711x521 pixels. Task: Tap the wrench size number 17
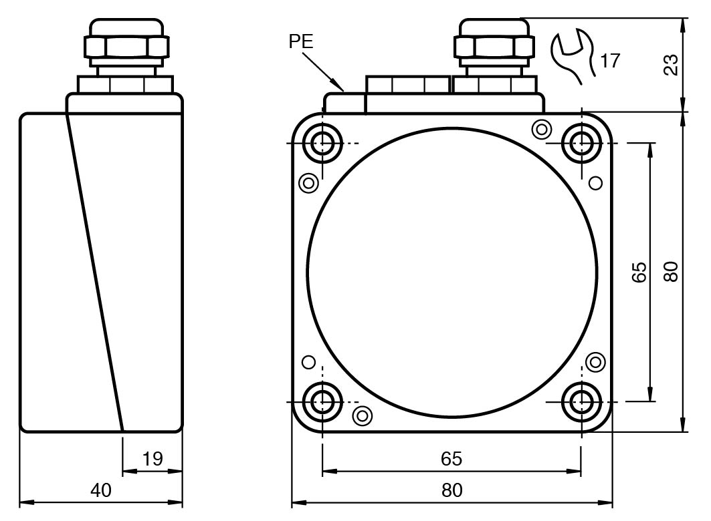(x=609, y=61)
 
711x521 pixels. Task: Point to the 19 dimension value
(x=153, y=459)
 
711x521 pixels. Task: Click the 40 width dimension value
(x=101, y=490)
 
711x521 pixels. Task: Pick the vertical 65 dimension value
(x=639, y=272)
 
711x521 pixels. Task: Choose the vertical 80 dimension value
(x=671, y=272)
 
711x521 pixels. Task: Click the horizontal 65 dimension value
(x=451, y=459)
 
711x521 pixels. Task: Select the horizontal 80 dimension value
(x=451, y=490)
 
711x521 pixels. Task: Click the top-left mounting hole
(x=323, y=142)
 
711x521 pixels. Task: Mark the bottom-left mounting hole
(x=323, y=401)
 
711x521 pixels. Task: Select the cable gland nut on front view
(x=495, y=47)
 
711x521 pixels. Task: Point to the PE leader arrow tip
(x=344, y=90)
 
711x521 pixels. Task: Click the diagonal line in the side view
(x=94, y=267)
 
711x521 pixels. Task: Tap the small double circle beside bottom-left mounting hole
(x=362, y=415)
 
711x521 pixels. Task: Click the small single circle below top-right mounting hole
(x=595, y=182)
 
